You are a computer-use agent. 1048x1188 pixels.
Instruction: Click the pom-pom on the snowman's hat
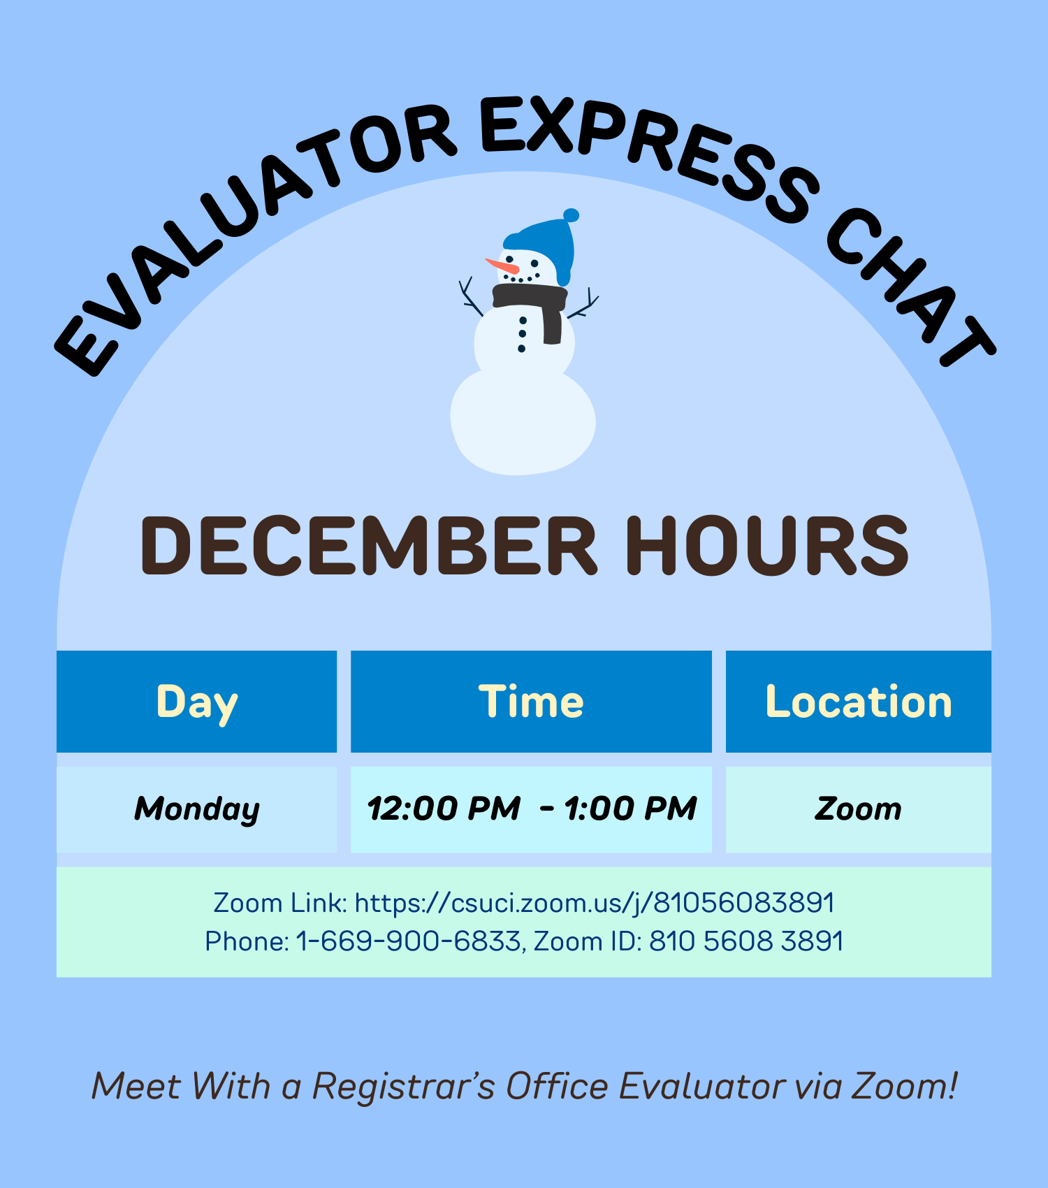[x=571, y=215]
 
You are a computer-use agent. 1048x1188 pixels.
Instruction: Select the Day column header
[x=197, y=702]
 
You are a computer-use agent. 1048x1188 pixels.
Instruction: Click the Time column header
[x=531, y=702]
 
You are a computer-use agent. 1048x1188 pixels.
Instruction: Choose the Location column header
[x=858, y=702]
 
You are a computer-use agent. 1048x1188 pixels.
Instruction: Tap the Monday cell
[x=197, y=809]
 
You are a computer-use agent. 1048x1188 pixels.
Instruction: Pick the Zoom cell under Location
[x=858, y=809]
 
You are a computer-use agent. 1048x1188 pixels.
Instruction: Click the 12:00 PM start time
[x=444, y=809]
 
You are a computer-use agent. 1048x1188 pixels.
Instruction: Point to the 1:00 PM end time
[x=630, y=809]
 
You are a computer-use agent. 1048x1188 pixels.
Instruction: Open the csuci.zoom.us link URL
[x=595, y=903]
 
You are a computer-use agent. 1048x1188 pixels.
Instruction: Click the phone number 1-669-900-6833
[x=409, y=941]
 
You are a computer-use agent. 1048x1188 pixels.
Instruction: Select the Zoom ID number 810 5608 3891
[x=746, y=941]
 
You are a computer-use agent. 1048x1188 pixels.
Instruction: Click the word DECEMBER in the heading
[x=369, y=546]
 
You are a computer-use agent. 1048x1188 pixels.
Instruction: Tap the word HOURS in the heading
[x=766, y=546]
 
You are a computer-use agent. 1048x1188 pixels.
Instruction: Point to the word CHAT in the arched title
[x=908, y=287]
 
